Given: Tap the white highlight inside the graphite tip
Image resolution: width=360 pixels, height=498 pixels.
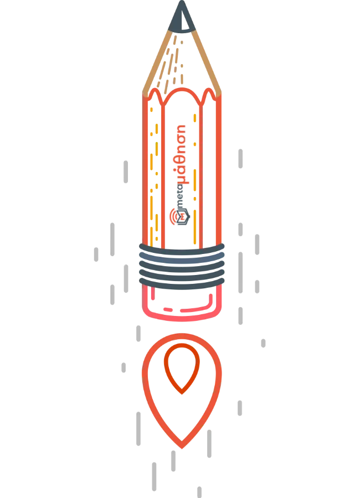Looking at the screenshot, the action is click(185, 22).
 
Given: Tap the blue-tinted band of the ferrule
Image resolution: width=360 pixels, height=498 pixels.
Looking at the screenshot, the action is click(182, 258).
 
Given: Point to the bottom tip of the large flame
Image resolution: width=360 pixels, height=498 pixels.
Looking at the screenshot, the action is click(182, 448).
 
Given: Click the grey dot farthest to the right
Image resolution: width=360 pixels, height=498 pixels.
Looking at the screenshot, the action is click(263, 343).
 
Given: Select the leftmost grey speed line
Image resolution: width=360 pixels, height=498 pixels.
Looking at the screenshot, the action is click(96, 255).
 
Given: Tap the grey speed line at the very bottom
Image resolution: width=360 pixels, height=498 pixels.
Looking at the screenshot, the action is click(199, 492).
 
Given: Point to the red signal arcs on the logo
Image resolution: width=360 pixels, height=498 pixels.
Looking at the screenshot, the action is click(172, 216).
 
